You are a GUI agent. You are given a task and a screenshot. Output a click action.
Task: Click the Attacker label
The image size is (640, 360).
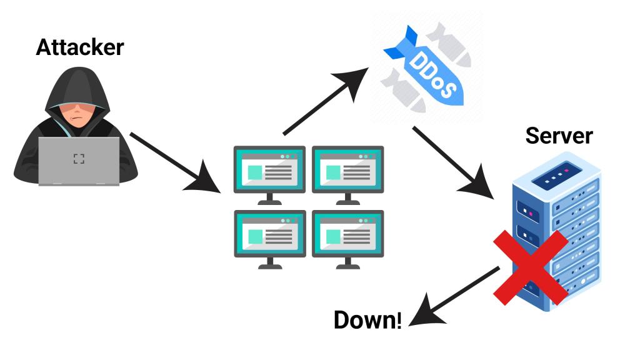[79, 47]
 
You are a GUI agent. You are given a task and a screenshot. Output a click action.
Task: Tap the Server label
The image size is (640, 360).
[559, 136]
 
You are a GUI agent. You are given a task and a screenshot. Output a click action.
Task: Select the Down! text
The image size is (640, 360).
[367, 320]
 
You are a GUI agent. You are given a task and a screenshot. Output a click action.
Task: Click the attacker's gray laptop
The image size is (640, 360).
[79, 160]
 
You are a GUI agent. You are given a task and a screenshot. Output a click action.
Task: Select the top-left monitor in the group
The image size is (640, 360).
[269, 172]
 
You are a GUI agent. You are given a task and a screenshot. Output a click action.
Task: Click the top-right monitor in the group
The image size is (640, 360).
[347, 172]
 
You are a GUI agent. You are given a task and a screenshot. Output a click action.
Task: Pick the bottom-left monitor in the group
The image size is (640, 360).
[269, 236]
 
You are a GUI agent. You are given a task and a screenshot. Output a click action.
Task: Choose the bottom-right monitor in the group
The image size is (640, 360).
[347, 236]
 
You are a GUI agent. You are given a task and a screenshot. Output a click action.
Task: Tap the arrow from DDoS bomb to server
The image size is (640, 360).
[455, 161]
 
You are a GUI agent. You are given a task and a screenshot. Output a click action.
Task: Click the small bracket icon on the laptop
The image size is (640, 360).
[79, 159]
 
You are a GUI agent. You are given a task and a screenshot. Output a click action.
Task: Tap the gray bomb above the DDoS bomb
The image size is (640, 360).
[451, 42]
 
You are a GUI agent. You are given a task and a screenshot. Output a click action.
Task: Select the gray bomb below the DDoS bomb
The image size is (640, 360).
[400, 91]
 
